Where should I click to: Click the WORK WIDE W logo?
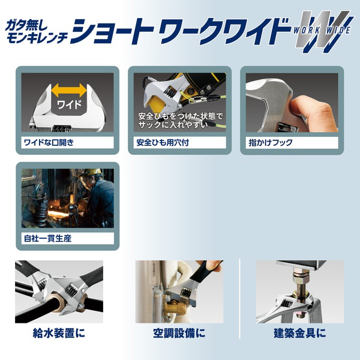tap(323, 31)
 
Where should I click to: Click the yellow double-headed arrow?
tap(69, 90)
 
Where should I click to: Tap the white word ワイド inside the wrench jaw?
tap(69, 104)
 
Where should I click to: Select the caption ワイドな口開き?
tap(49, 143)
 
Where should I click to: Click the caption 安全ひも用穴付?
tap(163, 143)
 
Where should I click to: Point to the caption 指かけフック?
tap(271, 143)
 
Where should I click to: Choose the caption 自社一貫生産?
tap(48, 239)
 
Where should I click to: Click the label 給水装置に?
tap(59, 333)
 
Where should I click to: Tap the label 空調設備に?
tap(179, 333)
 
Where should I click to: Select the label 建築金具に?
tap(300, 333)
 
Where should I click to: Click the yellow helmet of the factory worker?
tap(93, 172)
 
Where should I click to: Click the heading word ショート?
tap(113, 32)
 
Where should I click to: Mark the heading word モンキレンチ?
tap(37, 38)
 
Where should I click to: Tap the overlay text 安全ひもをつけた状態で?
tap(181, 116)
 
